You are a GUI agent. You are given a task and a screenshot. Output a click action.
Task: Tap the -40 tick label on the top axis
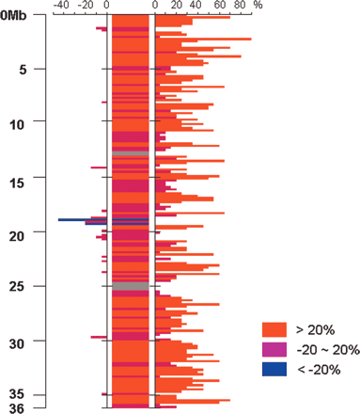click(x=61, y=6)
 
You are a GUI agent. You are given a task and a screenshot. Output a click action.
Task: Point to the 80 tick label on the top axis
click(x=239, y=6)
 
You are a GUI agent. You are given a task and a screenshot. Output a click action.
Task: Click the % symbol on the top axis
click(x=258, y=6)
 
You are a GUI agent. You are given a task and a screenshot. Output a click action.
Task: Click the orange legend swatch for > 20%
click(x=274, y=329)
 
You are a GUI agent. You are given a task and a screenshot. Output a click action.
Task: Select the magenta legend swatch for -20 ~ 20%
click(x=274, y=350)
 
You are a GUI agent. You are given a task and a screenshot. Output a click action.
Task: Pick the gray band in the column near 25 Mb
click(x=130, y=286)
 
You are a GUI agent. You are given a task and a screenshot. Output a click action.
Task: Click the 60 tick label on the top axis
click(x=217, y=6)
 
